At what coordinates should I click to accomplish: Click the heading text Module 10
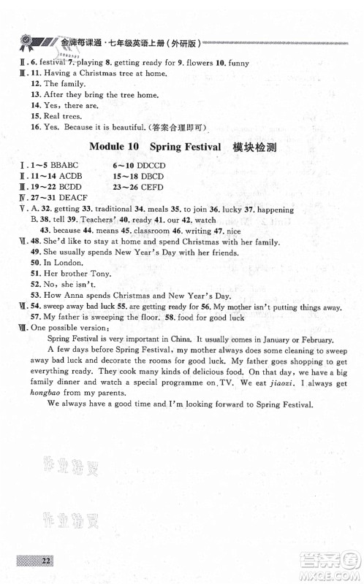(x=115, y=145)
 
